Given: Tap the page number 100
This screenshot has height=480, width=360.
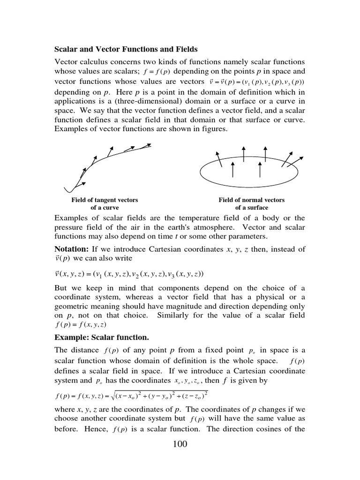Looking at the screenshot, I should tap(180, 444).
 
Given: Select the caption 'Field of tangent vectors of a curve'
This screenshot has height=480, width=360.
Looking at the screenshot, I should tap(105, 203).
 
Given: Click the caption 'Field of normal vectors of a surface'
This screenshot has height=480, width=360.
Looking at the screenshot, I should tap(252, 203).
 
